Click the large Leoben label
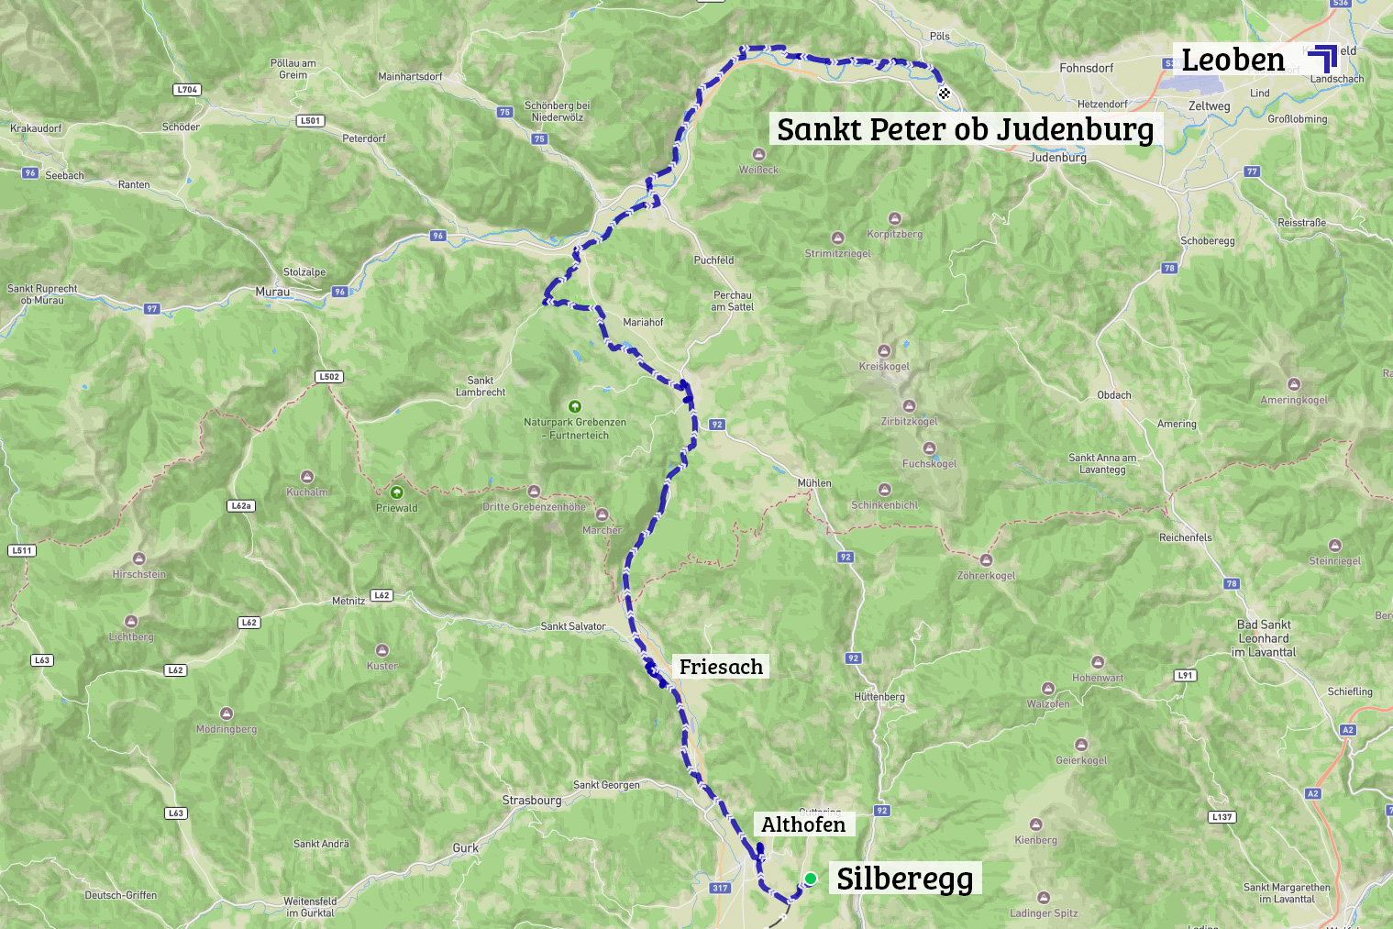(x=1233, y=61)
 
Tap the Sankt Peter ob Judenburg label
(x=965, y=129)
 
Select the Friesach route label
(x=721, y=667)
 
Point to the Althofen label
(x=803, y=824)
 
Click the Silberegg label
(x=904, y=879)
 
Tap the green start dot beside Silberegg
(x=811, y=879)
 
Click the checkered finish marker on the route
(x=945, y=93)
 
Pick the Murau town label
(x=272, y=292)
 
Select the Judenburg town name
(x=1057, y=158)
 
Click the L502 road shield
(x=329, y=377)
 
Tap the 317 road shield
(x=720, y=888)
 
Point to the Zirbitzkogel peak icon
(x=909, y=406)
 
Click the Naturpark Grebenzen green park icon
(x=575, y=406)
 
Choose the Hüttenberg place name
(x=879, y=697)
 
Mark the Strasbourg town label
(x=532, y=801)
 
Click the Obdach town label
(x=1114, y=395)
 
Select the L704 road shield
(x=187, y=90)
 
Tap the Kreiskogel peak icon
(x=884, y=351)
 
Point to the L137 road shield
(x=1222, y=817)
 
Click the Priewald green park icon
(x=396, y=492)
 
